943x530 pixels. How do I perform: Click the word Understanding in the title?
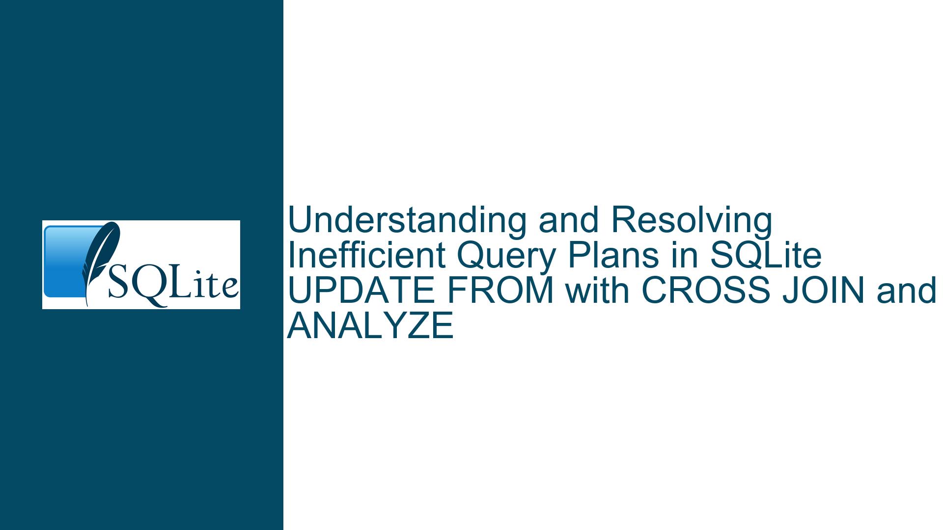pyautogui.click(x=407, y=221)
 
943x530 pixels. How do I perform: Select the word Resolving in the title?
pyautogui.click(x=692, y=221)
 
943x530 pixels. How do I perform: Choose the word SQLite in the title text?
pyautogui.click(x=766, y=256)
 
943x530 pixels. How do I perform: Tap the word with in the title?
pyautogui.click(x=598, y=291)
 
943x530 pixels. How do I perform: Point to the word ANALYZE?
pyautogui.click(x=370, y=326)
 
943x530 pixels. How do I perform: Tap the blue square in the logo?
pyautogui.click(x=69, y=261)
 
